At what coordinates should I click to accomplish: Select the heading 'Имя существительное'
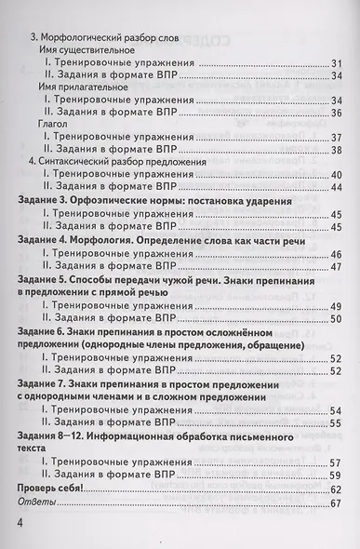[89, 48]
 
